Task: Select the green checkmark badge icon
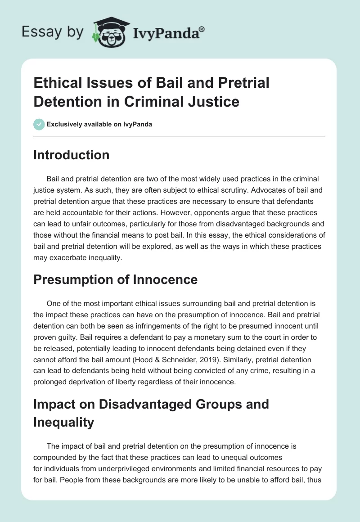click(39, 124)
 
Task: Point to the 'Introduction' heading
click(72, 155)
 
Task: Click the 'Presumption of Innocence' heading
click(116, 279)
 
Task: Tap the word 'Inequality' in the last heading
click(63, 422)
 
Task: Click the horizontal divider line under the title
click(180, 136)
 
